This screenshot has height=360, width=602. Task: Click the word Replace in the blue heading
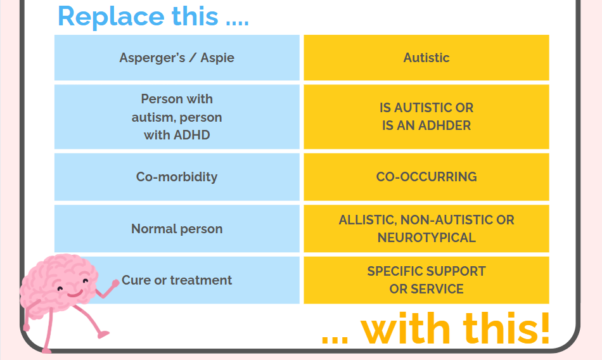tap(111, 16)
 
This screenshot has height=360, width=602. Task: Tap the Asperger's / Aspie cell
tap(177, 58)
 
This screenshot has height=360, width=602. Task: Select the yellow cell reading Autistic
tap(426, 58)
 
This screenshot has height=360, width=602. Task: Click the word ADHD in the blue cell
tap(192, 135)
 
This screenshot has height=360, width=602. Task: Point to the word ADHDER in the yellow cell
tap(444, 125)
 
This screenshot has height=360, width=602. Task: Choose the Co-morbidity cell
tap(177, 177)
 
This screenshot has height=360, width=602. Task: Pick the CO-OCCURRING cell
tap(426, 177)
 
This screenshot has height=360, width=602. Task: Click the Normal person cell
tap(177, 229)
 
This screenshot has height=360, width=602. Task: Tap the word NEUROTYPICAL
tap(426, 238)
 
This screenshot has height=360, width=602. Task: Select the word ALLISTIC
tap(368, 220)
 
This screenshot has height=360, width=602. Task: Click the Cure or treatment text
tap(177, 280)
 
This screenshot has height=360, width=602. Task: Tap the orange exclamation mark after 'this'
tap(544, 328)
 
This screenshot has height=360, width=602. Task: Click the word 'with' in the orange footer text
tap(406, 329)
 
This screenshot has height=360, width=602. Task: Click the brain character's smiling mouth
tap(75, 294)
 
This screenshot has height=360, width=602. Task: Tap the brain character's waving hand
tap(115, 283)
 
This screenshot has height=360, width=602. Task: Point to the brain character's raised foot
tap(103, 335)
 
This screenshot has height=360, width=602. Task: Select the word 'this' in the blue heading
tap(195, 16)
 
